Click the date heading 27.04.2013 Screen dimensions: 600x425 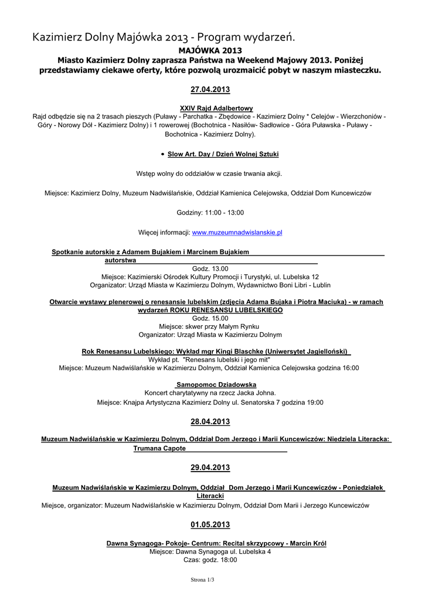[210, 90]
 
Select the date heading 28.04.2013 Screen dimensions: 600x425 [210, 422]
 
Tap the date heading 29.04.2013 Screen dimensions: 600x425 [210, 468]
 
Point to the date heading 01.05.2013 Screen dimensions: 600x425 [210, 524]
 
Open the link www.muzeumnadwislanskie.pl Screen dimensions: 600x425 [237, 233]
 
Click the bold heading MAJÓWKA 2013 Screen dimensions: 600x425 [210, 50]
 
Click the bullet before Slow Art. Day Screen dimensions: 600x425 [162, 154]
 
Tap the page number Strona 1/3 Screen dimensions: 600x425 [202, 579]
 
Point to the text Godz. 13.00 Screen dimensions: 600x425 [210, 268]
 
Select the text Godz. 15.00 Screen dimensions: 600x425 [210, 318]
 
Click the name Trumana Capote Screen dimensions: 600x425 [159, 448]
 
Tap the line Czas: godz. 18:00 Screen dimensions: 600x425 [210, 560]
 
